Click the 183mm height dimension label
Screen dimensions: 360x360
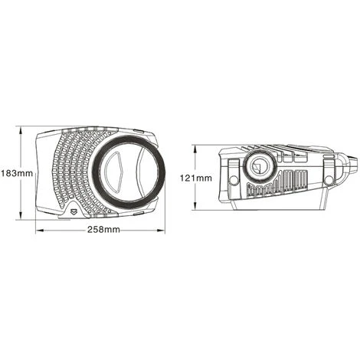(x=17, y=173)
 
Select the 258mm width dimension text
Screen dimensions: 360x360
(x=103, y=230)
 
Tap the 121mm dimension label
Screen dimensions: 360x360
(x=196, y=178)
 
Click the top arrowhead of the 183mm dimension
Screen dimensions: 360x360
(x=21, y=131)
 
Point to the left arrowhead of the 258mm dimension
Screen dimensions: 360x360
(x=40, y=231)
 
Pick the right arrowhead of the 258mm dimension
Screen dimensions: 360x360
(x=160, y=231)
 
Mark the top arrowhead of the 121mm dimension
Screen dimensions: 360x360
(x=195, y=150)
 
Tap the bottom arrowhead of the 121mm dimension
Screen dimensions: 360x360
(x=195, y=205)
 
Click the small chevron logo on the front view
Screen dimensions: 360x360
(x=74, y=211)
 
